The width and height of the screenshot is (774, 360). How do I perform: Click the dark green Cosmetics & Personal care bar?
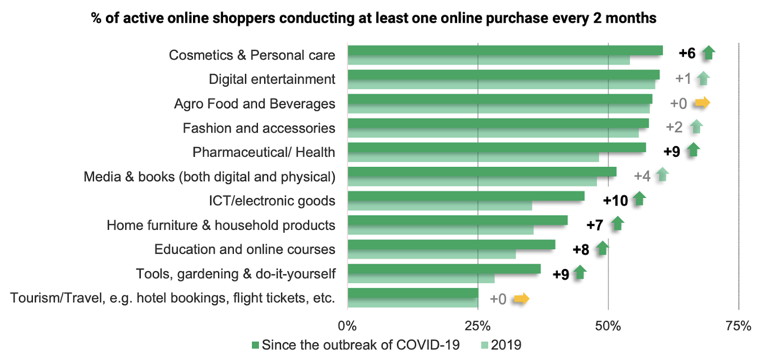click(505, 50)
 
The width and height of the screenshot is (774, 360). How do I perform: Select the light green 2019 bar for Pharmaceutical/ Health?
click(473, 157)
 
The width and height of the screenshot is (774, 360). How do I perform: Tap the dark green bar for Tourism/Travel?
click(413, 293)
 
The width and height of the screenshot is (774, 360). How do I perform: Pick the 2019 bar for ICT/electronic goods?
click(440, 206)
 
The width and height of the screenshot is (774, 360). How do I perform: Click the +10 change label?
click(615, 200)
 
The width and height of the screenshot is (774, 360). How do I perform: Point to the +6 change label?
click(687, 53)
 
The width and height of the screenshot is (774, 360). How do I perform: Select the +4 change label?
click(642, 176)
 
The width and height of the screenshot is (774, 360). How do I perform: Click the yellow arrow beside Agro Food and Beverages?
click(702, 103)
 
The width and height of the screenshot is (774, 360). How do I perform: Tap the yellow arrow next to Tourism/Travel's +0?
click(521, 299)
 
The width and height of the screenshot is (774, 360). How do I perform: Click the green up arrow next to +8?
click(602, 248)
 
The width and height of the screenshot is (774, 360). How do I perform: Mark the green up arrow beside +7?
click(617, 224)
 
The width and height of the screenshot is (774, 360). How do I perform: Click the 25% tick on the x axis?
click(477, 326)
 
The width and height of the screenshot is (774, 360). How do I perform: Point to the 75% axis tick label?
click(738, 326)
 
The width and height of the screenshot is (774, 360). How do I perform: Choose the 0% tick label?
click(347, 326)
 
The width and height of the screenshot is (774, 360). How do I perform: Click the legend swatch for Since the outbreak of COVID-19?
click(255, 345)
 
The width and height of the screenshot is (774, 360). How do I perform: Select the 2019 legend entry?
click(501, 345)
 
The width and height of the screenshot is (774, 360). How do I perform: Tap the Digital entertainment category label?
click(272, 79)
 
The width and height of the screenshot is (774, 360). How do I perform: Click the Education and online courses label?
click(245, 249)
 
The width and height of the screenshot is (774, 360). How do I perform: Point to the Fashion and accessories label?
click(259, 128)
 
